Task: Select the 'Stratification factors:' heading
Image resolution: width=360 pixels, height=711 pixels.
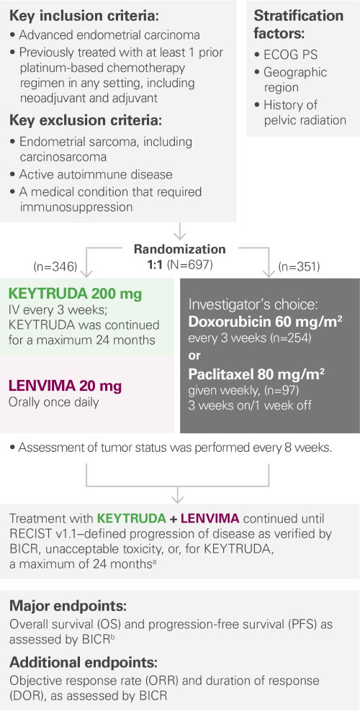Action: point(299,24)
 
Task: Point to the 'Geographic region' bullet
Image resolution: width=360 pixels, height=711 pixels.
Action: point(295,79)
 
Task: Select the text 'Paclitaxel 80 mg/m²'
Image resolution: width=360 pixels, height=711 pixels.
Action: point(256,373)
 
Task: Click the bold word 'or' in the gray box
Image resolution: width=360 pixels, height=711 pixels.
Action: point(194,355)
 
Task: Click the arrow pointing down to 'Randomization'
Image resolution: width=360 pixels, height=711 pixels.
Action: point(180,232)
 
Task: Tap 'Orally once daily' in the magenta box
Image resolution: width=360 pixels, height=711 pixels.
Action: point(55,401)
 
